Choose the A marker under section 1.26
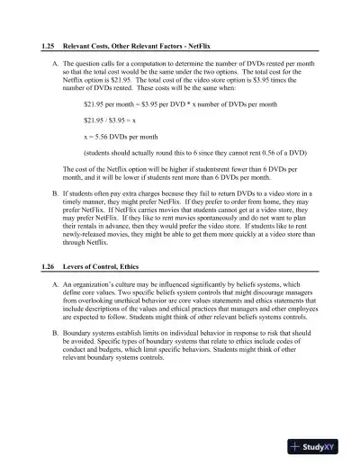coord(57,285)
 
